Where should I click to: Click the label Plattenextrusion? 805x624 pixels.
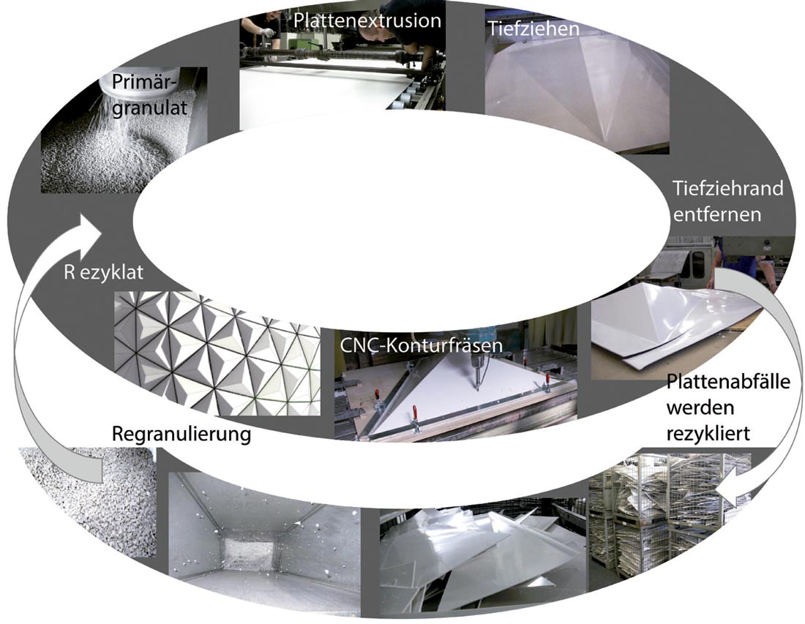tap(367, 20)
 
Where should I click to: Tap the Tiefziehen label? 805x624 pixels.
tap(533, 29)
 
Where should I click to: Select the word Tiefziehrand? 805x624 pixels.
tap(728, 188)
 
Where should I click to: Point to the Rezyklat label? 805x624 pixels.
tap(104, 272)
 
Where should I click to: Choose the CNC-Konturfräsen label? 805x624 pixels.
tap(421, 345)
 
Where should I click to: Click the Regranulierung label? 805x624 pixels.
tap(181, 434)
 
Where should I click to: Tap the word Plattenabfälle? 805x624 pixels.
tap(728, 383)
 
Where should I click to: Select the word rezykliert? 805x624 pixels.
tap(708, 434)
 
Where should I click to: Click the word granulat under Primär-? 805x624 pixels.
tap(149, 108)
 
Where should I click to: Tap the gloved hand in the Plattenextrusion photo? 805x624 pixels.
tap(267, 31)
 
